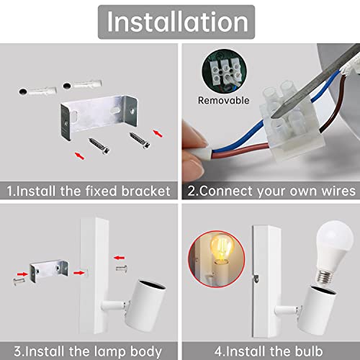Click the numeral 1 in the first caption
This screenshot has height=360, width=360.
[9, 191]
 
